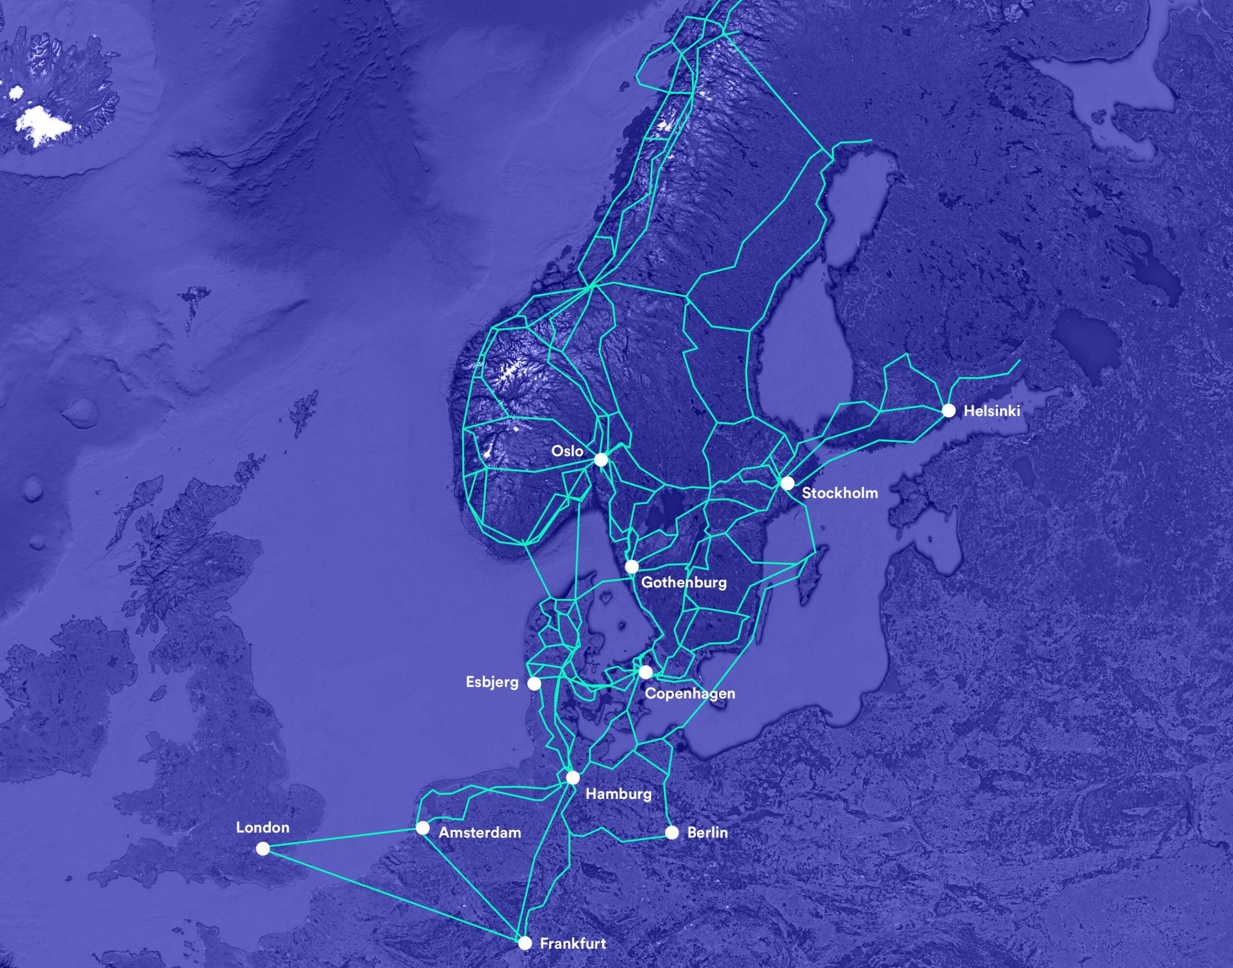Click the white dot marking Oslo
(x=601, y=460)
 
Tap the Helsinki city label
(x=992, y=411)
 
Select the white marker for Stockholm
(x=787, y=483)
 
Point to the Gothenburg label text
(x=683, y=582)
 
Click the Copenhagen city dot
(x=645, y=672)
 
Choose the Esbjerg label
(x=492, y=682)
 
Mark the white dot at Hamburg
(x=573, y=777)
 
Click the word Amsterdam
(x=480, y=833)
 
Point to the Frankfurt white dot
(x=525, y=943)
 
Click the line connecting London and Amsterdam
(x=342, y=838)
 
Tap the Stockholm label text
(x=840, y=493)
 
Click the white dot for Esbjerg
(x=534, y=684)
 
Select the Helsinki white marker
(x=949, y=411)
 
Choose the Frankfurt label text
(x=573, y=943)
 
